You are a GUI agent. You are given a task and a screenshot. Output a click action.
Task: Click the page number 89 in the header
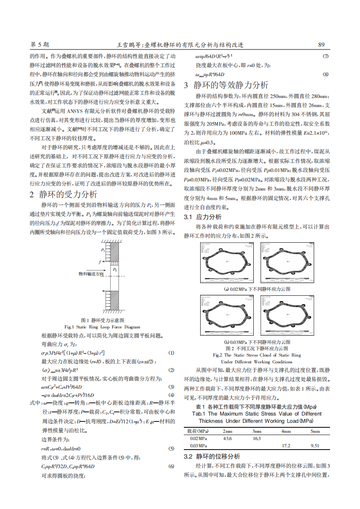pos(321,45)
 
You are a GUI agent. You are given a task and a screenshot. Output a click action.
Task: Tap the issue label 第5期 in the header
pos(39,45)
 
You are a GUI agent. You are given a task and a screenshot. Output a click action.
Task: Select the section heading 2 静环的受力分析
pos(63,195)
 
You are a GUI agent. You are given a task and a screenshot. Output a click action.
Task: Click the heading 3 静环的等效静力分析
pos(226,85)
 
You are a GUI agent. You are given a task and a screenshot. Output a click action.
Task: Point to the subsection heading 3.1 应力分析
pos(202,217)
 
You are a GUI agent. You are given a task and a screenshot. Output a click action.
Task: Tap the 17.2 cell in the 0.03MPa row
pos(286,446)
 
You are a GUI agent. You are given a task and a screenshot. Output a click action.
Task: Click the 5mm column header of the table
pos(315,431)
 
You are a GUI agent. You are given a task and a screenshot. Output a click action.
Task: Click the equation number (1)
pos(171,352)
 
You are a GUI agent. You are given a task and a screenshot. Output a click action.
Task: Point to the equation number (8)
pos(325,74)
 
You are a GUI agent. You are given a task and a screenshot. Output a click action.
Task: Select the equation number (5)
pos(171,448)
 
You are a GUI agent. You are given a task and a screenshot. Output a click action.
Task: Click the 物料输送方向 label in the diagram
pos(91,274)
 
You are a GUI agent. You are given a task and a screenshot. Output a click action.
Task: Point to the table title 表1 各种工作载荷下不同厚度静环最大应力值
pos(256,406)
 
